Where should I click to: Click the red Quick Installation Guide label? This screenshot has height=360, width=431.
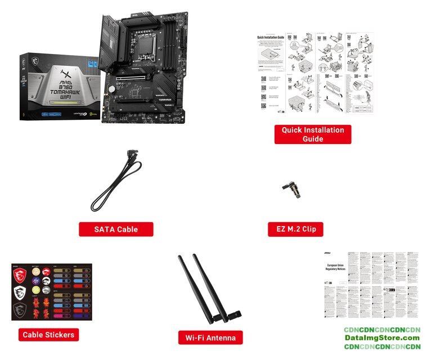313,134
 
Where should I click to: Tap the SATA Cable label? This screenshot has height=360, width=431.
116,229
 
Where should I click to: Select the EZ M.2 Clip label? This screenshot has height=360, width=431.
295,229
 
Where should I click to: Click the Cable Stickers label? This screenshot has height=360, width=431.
48,335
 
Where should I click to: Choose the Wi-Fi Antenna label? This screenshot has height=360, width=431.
210,337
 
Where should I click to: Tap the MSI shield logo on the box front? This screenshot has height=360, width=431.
38,58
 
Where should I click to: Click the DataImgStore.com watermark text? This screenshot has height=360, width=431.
382,337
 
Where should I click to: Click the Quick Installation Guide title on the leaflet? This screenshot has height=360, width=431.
269,38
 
